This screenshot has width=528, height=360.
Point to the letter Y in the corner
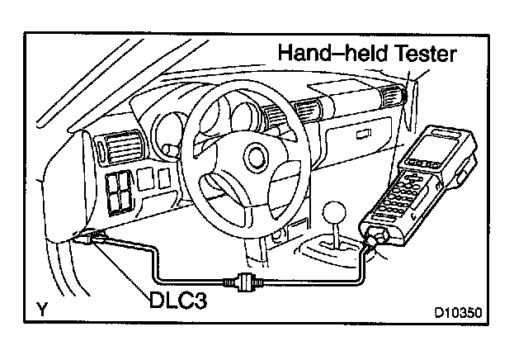[40, 310]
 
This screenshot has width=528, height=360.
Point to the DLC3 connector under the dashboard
[93, 238]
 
